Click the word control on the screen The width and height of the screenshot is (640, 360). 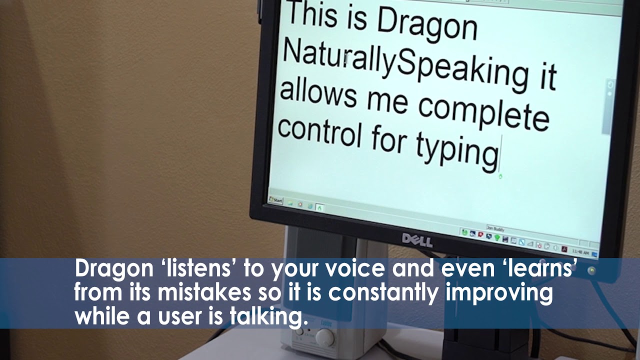point(318,130)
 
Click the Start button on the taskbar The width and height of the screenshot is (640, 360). point(276,200)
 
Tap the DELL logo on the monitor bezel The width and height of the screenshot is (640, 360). point(417,240)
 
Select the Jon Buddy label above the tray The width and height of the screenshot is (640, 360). point(495,228)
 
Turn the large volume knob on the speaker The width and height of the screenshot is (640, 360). point(325,338)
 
